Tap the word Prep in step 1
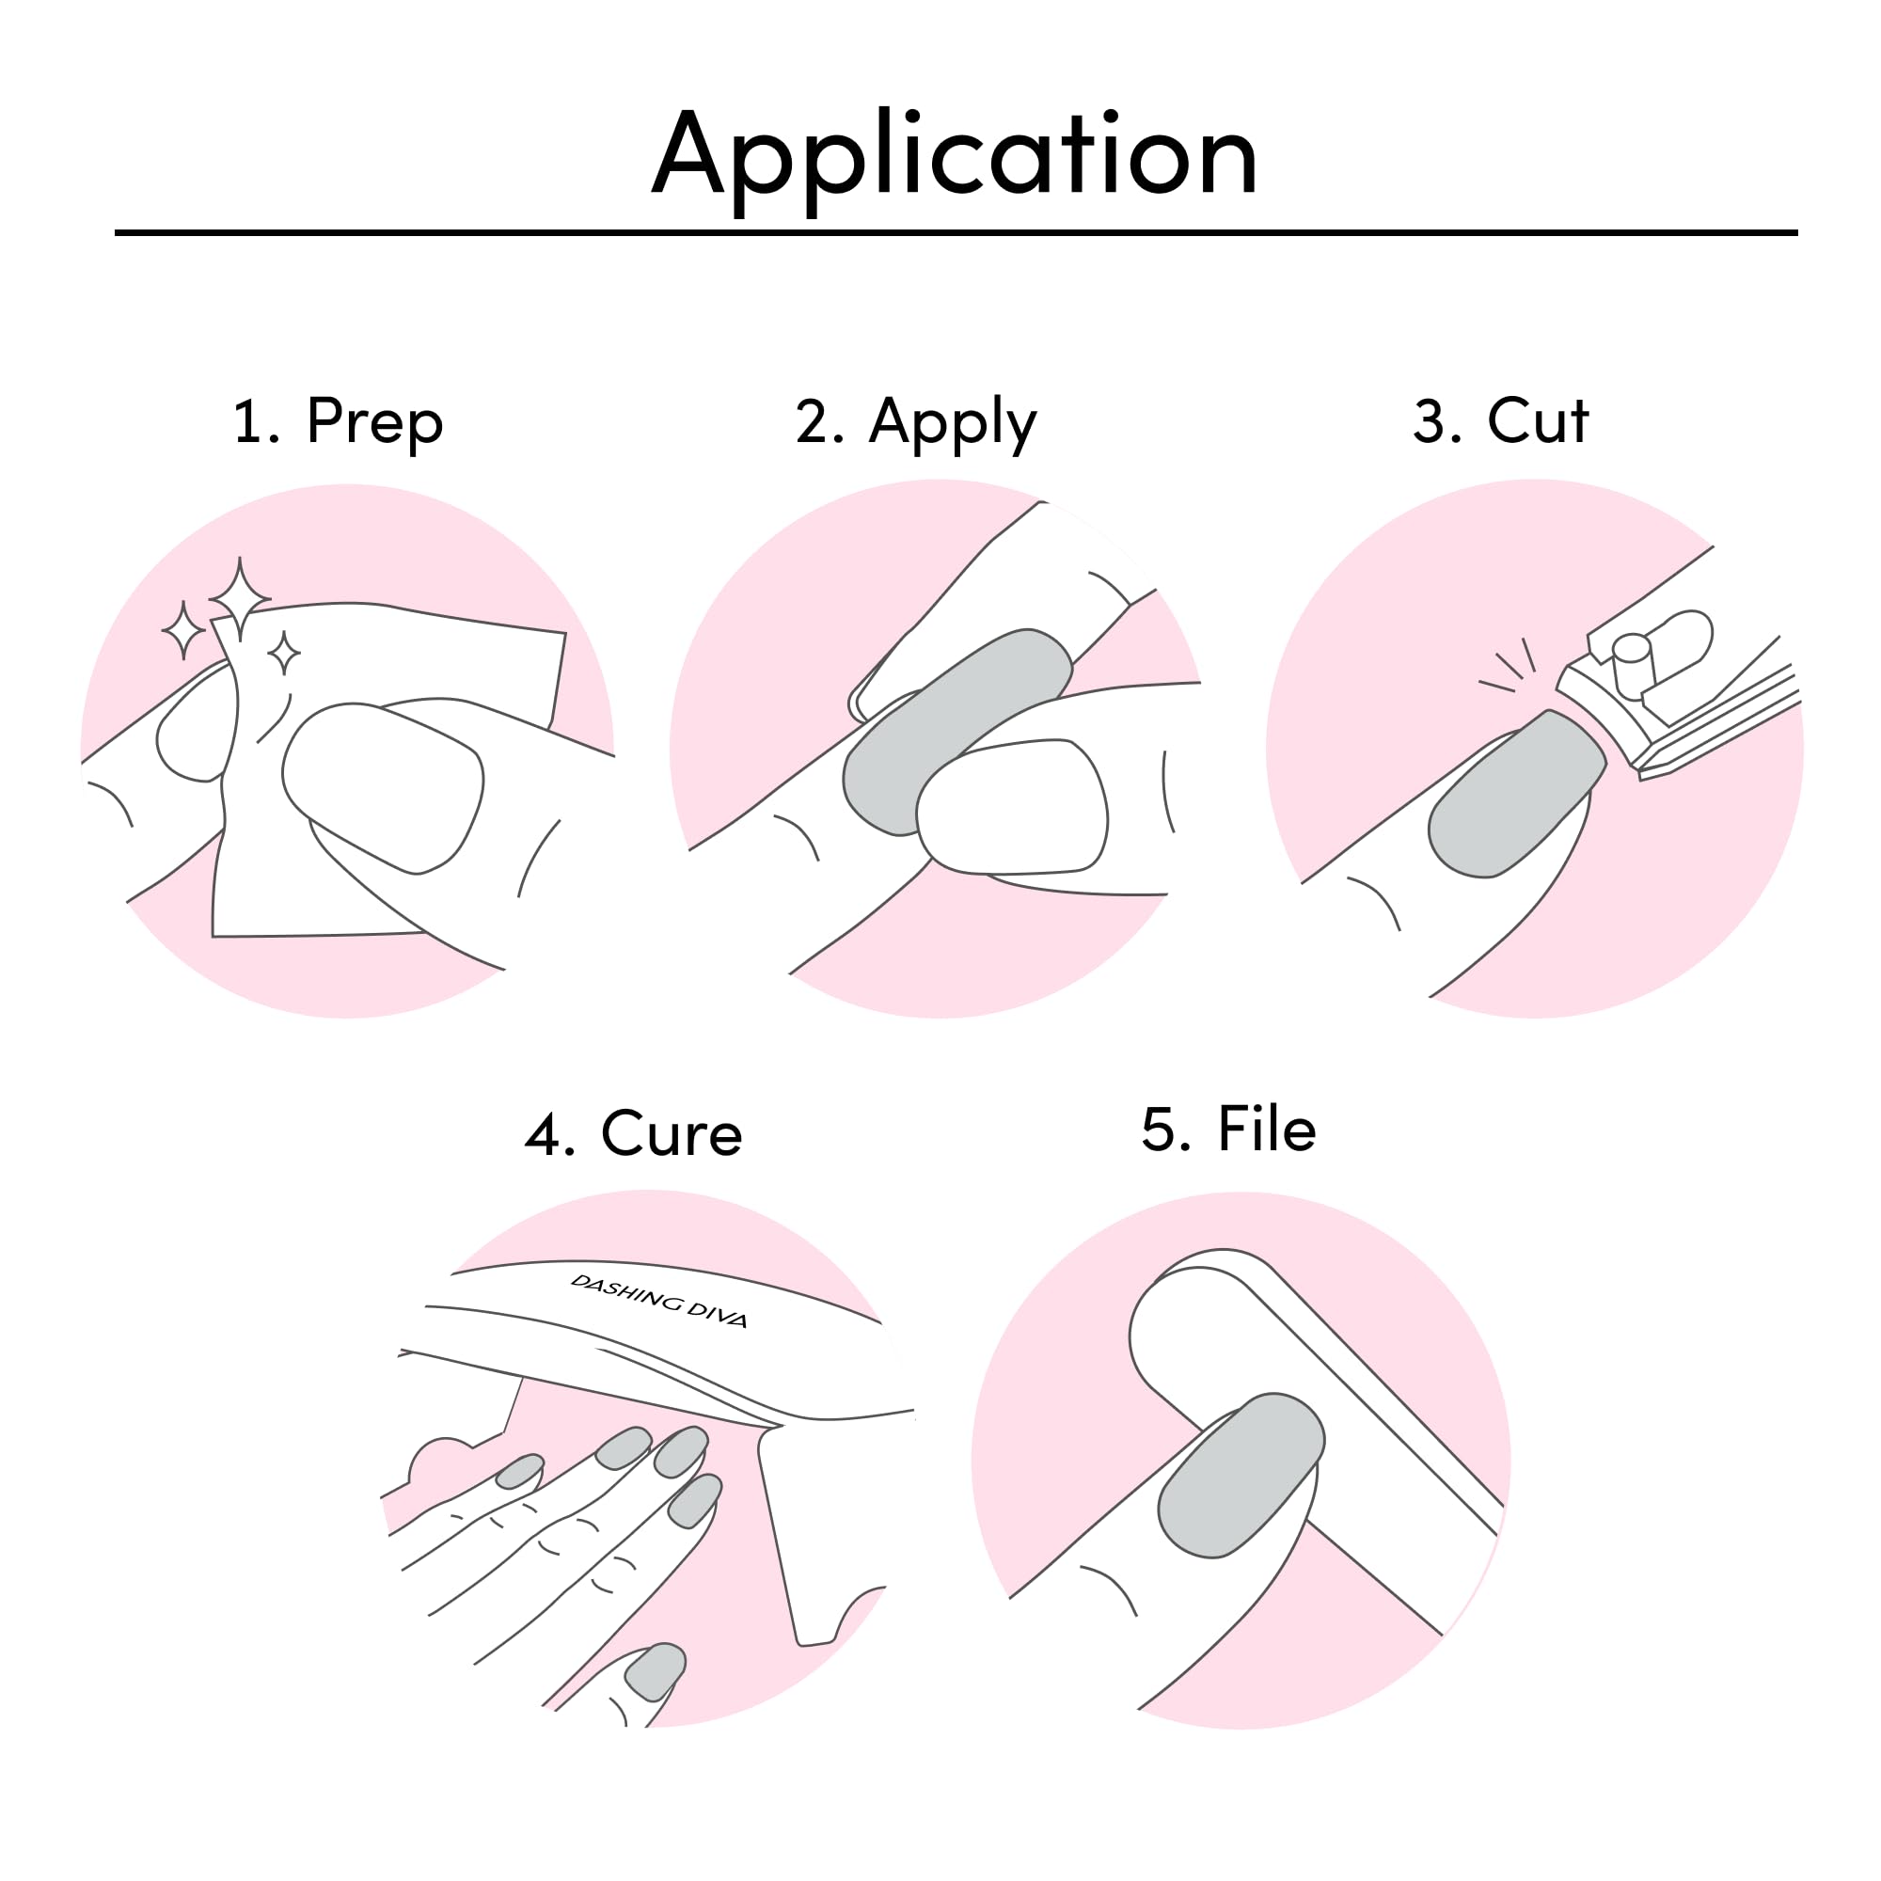pyautogui.click(x=375, y=421)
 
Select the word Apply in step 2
pyautogui.click(x=953, y=422)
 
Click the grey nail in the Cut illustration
pyautogui.click(x=1517, y=794)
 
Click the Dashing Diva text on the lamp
pyautogui.click(x=658, y=1301)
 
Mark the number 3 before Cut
pyautogui.click(x=1437, y=421)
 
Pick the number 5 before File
pyautogui.click(x=1166, y=1130)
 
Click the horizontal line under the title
pyautogui.click(x=956, y=232)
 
